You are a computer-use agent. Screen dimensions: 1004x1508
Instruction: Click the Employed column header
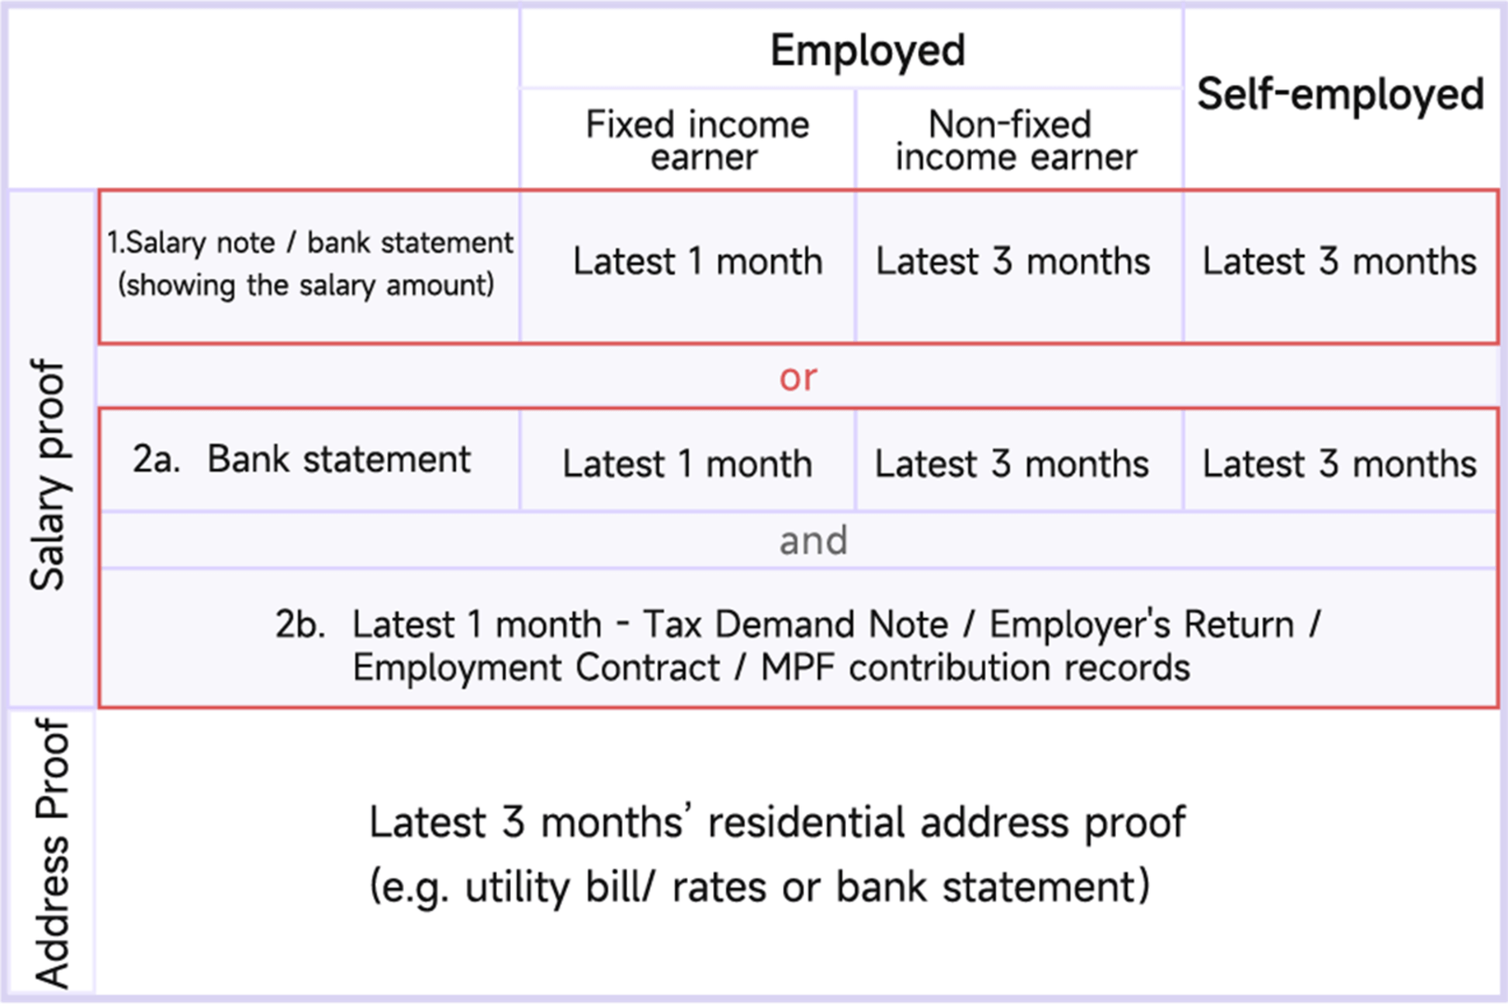(867, 51)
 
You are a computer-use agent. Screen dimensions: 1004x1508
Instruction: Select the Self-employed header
(1340, 95)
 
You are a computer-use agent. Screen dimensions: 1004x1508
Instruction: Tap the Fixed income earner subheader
(697, 140)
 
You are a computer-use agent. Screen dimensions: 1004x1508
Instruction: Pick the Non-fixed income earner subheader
(1016, 140)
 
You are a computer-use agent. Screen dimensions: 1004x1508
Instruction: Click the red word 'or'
(797, 378)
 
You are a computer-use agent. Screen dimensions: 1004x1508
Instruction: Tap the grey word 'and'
(813, 540)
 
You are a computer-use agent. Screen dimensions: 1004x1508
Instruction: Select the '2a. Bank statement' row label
(302, 459)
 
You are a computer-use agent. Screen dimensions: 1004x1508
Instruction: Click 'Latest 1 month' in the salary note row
(697, 261)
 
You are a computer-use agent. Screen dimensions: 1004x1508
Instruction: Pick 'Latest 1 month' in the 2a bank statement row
(687, 464)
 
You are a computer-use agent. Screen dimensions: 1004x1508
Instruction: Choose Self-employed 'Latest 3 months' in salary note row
(1339, 261)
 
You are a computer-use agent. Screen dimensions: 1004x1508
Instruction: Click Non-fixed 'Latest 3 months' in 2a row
(1012, 464)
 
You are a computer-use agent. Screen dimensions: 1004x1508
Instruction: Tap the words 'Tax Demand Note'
(796, 624)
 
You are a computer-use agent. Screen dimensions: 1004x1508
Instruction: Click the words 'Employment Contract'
(536, 668)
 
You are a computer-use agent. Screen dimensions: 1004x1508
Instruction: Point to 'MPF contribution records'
(975, 668)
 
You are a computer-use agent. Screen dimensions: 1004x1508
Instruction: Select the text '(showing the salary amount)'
(306, 285)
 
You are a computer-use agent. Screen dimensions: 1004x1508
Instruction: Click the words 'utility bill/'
(560, 887)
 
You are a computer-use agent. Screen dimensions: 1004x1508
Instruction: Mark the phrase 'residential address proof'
(946, 822)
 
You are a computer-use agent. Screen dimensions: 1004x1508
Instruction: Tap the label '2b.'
(299, 624)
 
